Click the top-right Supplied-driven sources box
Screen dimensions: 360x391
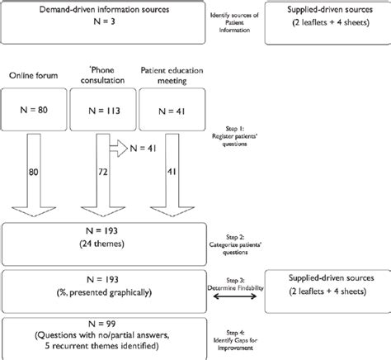click(324, 21)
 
